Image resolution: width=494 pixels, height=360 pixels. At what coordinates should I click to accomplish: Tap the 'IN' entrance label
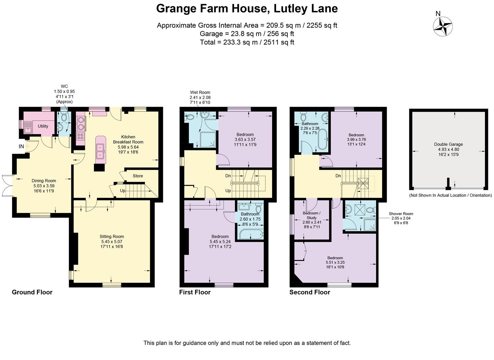pos(21,146)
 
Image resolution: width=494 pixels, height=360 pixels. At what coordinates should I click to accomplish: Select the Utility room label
pos(43,126)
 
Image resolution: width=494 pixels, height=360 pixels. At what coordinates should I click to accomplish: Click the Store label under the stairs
pos(138,176)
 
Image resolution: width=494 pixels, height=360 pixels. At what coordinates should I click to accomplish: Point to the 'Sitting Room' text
pos(112,237)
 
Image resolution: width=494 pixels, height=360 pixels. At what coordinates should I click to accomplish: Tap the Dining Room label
pos(44,181)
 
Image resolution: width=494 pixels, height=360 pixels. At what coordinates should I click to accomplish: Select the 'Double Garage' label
pos(448,144)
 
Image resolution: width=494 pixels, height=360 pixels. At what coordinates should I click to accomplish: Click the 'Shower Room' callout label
pos(401,214)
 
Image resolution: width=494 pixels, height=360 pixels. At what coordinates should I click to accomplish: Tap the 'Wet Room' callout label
pos(200,92)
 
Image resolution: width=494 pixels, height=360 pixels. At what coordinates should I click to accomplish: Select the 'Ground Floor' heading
pos(32,292)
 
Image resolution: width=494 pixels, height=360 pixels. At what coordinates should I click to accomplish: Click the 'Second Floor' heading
pos(309,292)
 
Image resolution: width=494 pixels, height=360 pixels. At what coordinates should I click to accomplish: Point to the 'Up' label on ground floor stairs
pos(123,191)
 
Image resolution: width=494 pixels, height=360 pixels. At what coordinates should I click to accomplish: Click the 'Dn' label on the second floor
pos(338,176)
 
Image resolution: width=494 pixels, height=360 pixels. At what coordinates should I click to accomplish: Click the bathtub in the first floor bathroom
pos(251,234)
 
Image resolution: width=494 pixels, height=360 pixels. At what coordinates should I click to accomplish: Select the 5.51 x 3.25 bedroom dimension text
pos(335,263)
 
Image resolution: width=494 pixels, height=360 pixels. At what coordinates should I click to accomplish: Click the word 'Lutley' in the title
pos(289,9)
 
